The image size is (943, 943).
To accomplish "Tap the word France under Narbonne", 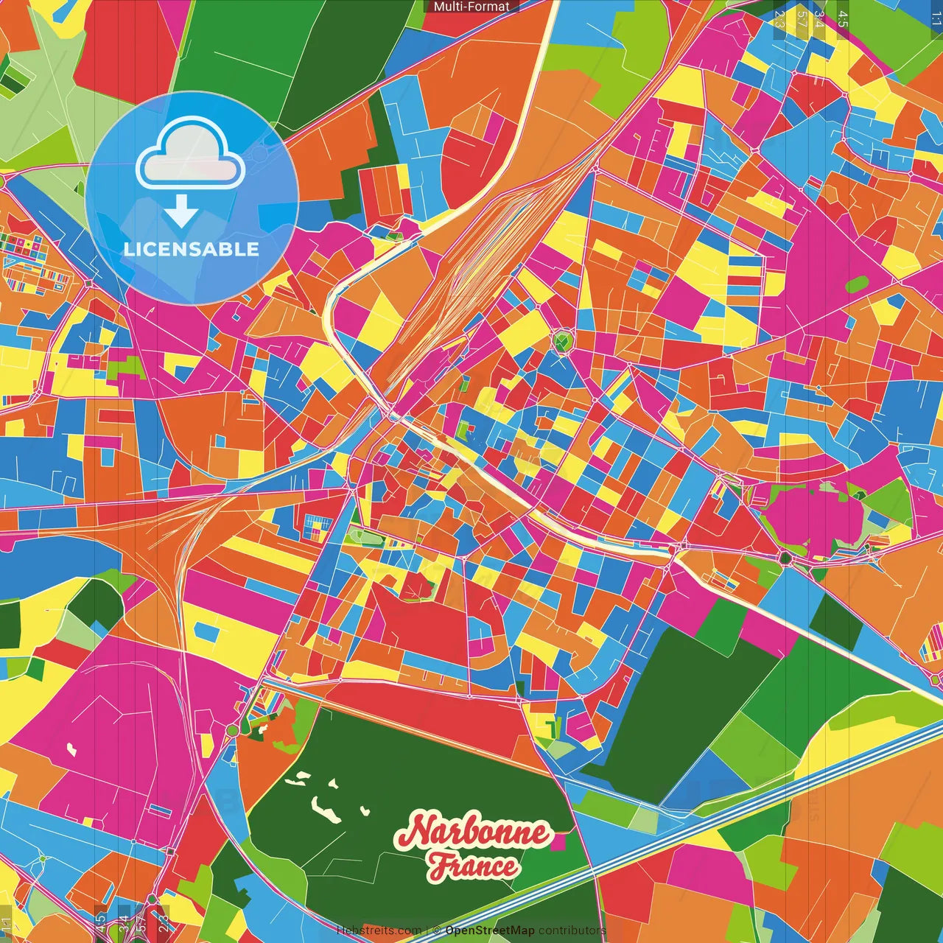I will pos(473,866).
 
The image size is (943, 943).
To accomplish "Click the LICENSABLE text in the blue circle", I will pos(191,249).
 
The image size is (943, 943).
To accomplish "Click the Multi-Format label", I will pos(471,7).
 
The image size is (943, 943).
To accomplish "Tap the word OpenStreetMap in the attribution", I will pos(489,930).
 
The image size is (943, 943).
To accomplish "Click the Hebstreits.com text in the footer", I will pos(379,930).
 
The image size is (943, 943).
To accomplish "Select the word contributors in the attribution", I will pos(572,930).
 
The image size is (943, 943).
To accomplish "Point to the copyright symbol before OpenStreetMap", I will pos(436,930).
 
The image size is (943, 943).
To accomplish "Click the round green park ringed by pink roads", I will pos(563,342).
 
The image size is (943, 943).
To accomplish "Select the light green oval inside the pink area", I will pos(857,283).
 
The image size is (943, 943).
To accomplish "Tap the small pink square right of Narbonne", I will pos(559,841).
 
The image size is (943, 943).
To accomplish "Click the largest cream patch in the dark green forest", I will pos(323,804).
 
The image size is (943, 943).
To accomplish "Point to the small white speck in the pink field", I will pos(71,750).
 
